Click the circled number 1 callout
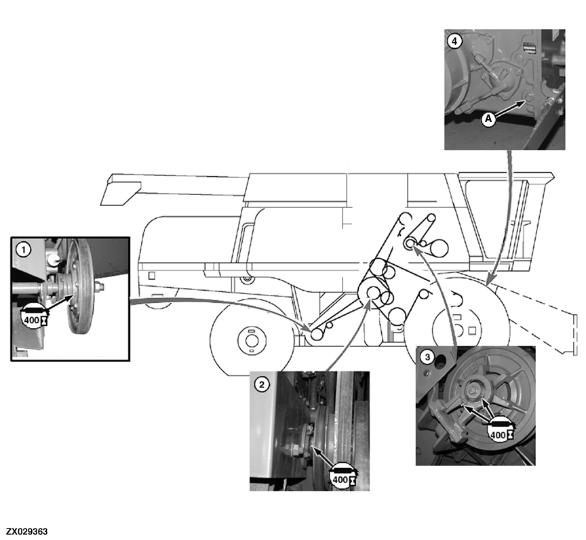[x=24, y=249]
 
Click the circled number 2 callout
[x=262, y=384]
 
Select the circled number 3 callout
[x=427, y=357]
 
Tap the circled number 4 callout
[x=454, y=41]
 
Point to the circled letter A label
[x=488, y=119]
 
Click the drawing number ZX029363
[x=27, y=531]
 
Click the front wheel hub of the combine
[x=252, y=340]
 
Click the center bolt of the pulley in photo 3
[x=473, y=391]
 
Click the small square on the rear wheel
[x=472, y=331]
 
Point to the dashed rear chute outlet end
[x=574, y=335]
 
